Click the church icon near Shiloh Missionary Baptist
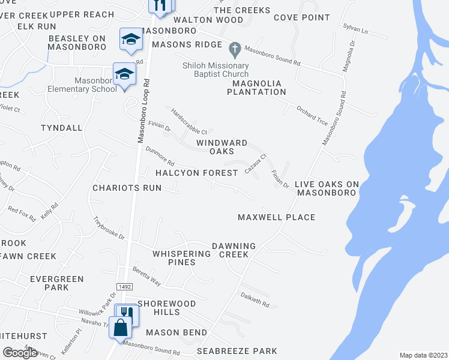pyautogui.click(x=235, y=46)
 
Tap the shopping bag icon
pyautogui.click(x=121, y=328)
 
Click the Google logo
pyautogui.click(x=20, y=353)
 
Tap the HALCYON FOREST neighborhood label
pyautogui.click(x=197, y=173)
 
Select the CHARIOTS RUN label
pyautogui.click(x=127, y=188)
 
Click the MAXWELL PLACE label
pyautogui.click(x=276, y=217)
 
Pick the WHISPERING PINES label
pyautogui.click(x=182, y=258)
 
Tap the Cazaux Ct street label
pyautogui.click(x=256, y=164)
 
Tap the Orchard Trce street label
pyautogui.click(x=312, y=115)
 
